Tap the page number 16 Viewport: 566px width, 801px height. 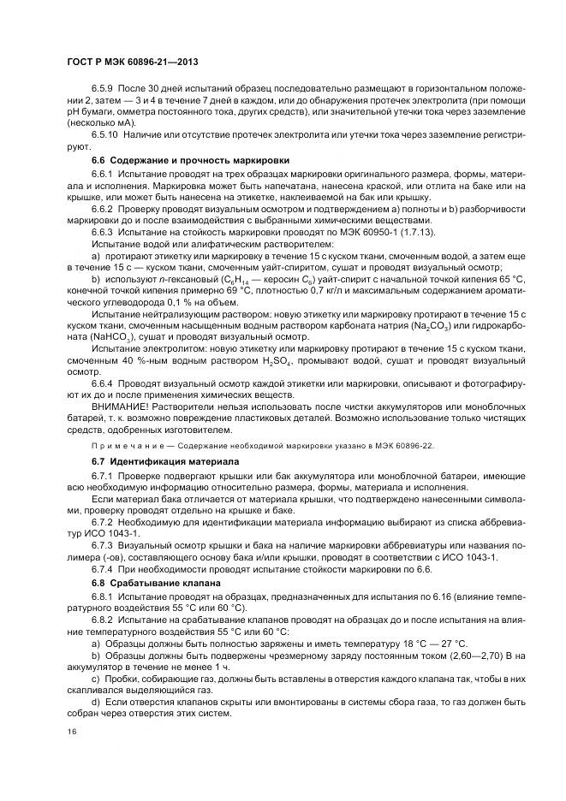point(69,731)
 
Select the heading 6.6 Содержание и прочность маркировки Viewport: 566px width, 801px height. point(190,160)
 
